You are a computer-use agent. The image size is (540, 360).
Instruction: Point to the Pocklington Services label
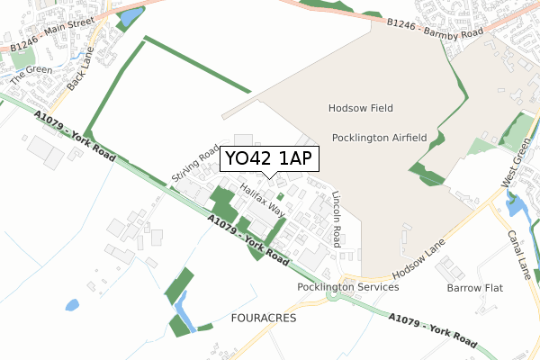click(x=348, y=287)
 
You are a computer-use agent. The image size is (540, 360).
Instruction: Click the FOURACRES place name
click(x=264, y=319)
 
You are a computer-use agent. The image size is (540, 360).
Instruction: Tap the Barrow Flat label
click(x=475, y=288)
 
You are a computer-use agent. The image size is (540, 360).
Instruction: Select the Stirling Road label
click(x=195, y=165)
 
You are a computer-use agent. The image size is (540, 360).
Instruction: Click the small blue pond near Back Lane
click(x=131, y=16)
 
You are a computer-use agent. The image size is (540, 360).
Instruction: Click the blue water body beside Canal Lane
click(x=517, y=208)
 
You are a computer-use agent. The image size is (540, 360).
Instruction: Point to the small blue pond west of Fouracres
click(x=71, y=304)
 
